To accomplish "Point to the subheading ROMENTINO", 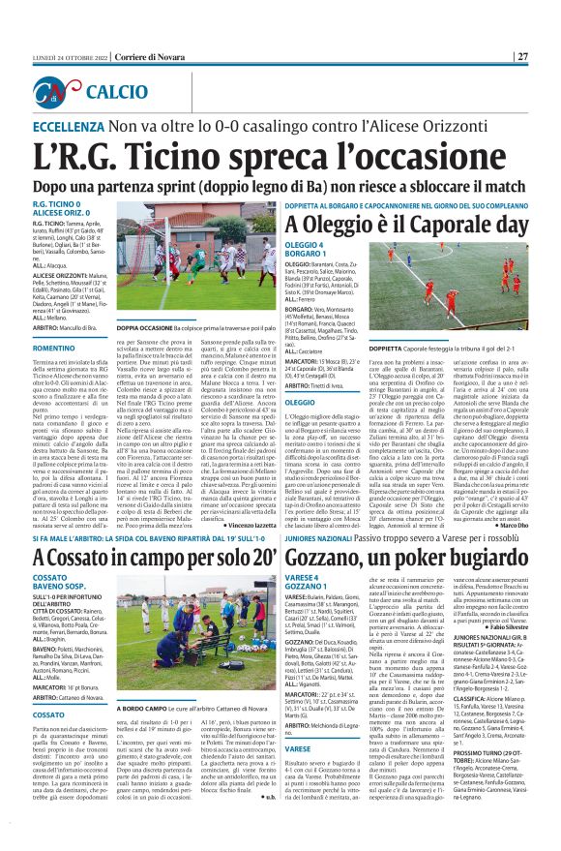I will (58, 348).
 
